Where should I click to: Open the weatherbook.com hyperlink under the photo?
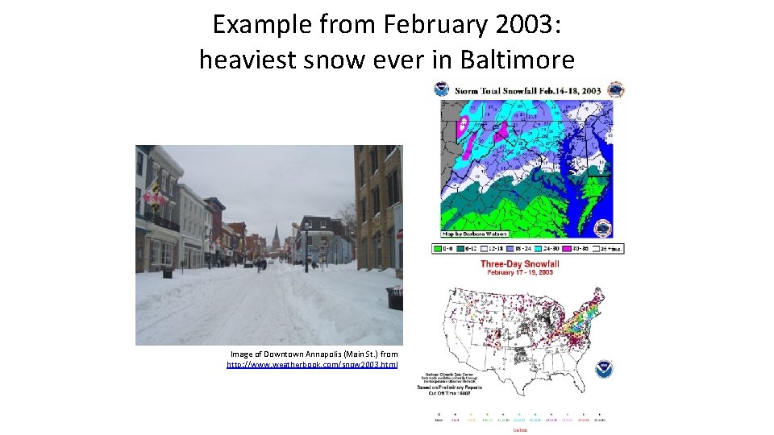pyautogui.click(x=312, y=365)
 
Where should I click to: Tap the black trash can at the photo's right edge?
pyautogui.click(x=394, y=298)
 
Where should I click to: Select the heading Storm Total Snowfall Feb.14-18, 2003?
pyautogui.click(x=527, y=89)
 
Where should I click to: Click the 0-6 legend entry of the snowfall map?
pyautogui.click(x=444, y=248)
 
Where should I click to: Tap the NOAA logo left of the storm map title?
pyautogui.click(x=442, y=89)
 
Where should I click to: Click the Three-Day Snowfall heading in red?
pyautogui.click(x=519, y=263)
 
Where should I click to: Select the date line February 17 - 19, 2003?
pyautogui.click(x=519, y=273)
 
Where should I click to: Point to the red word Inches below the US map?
pyautogui.click(x=519, y=429)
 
